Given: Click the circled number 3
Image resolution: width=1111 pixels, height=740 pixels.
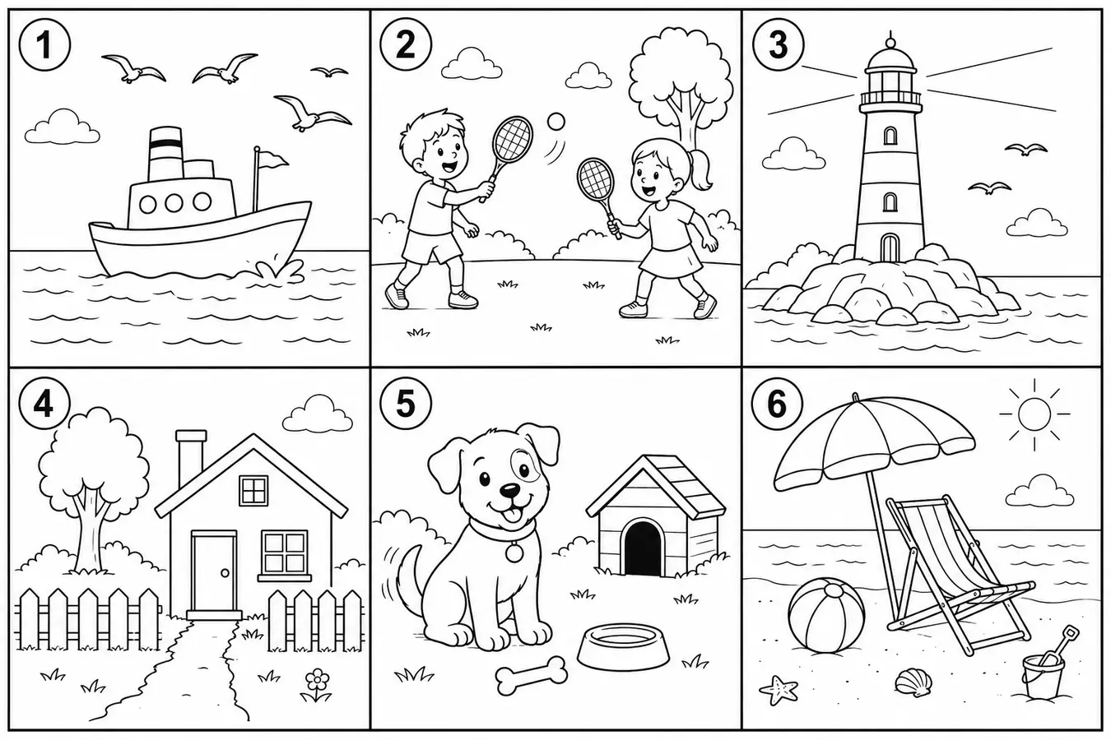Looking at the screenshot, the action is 778,45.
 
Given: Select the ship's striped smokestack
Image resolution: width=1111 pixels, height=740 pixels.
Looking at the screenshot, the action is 165,154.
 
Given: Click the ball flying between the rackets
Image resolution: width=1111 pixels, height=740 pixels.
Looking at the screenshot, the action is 555,122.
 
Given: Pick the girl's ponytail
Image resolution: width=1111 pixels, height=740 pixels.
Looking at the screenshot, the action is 701,169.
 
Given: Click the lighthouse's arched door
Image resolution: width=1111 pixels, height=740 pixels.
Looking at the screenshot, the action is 890,247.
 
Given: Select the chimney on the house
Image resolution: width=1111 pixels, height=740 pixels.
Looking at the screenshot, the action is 191,456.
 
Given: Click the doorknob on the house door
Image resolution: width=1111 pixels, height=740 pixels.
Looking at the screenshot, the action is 225,573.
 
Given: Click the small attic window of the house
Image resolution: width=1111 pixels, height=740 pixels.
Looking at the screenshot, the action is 253,491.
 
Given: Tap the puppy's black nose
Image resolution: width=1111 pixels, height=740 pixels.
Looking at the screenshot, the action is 509,491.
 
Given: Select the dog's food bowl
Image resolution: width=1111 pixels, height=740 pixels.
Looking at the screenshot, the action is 624,647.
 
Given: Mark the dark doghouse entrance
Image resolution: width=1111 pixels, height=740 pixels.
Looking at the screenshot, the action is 644,548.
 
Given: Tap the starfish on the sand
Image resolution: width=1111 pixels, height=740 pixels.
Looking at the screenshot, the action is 778,690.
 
